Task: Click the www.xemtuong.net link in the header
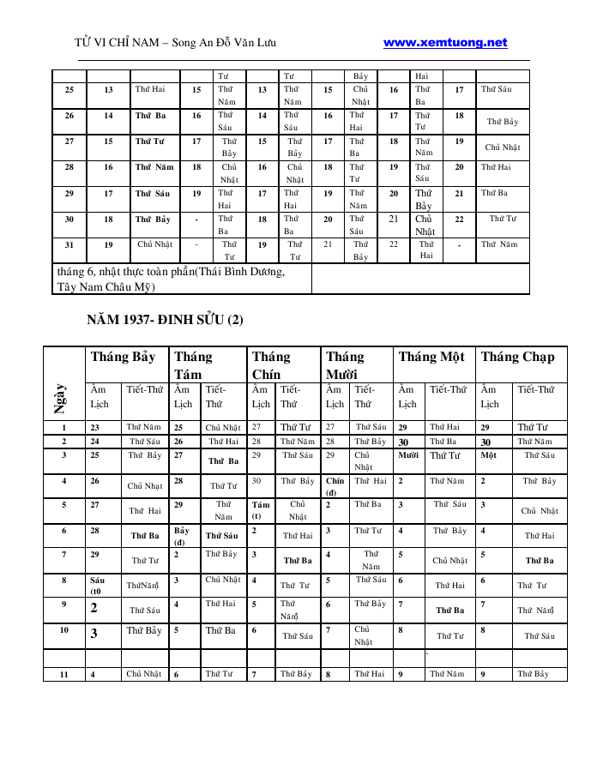point(445,43)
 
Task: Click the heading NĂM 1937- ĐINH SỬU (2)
point(166,320)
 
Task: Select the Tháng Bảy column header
point(124,357)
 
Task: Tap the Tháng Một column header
point(431,357)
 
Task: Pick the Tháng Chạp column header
point(517,357)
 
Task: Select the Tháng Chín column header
point(271,364)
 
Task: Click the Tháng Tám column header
point(194,364)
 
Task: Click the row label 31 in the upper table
point(69,244)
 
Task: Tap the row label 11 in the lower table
point(64,675)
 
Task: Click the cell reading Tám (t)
point(261,511)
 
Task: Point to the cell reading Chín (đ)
point(335,486)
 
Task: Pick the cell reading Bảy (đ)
point(182,536)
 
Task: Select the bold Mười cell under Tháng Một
point(407,455)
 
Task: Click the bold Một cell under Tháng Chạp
point(489,455)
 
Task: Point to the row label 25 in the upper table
point(69,89)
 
